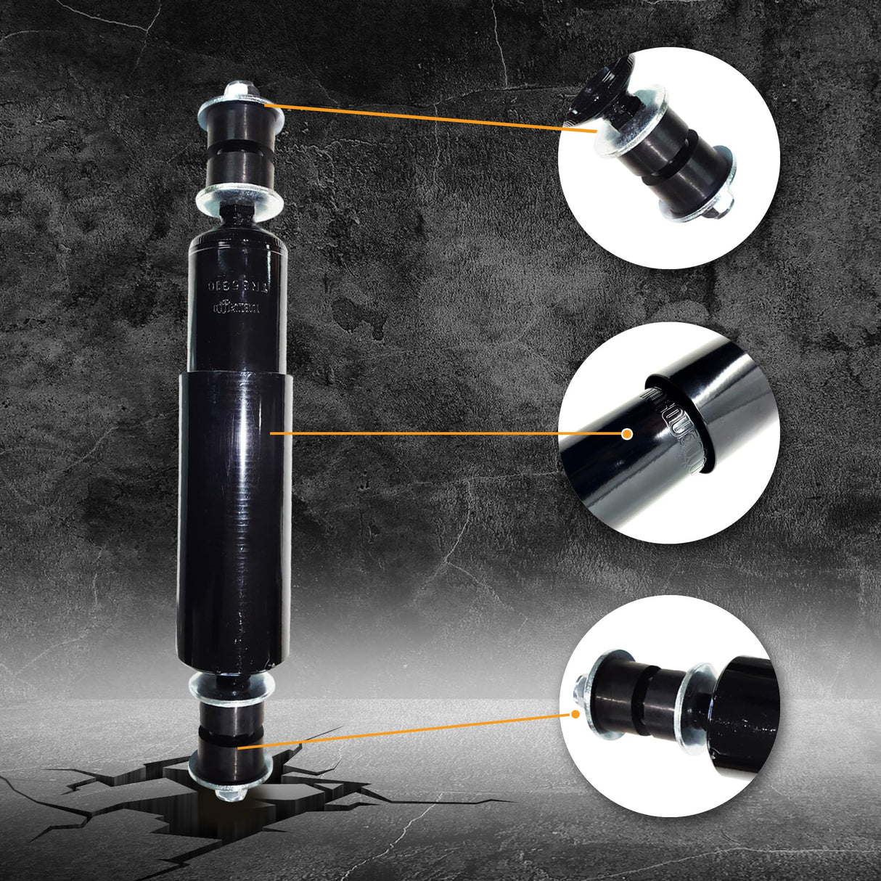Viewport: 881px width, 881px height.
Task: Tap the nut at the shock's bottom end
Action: pyautogui.click(x=229, y=793)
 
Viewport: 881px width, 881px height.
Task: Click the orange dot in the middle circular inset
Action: pyautogui.click(x=628, y=433)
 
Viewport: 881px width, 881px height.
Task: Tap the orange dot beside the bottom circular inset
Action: pyautogui.click(x=576, y=713)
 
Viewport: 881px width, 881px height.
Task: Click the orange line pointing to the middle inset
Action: pyautogui.click(x=450, y=433)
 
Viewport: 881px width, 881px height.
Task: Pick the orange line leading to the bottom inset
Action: pyautogui.click(x=406, y=729)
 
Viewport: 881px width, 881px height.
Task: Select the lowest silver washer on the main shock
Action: pyautogui.click(x=229, y=765)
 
